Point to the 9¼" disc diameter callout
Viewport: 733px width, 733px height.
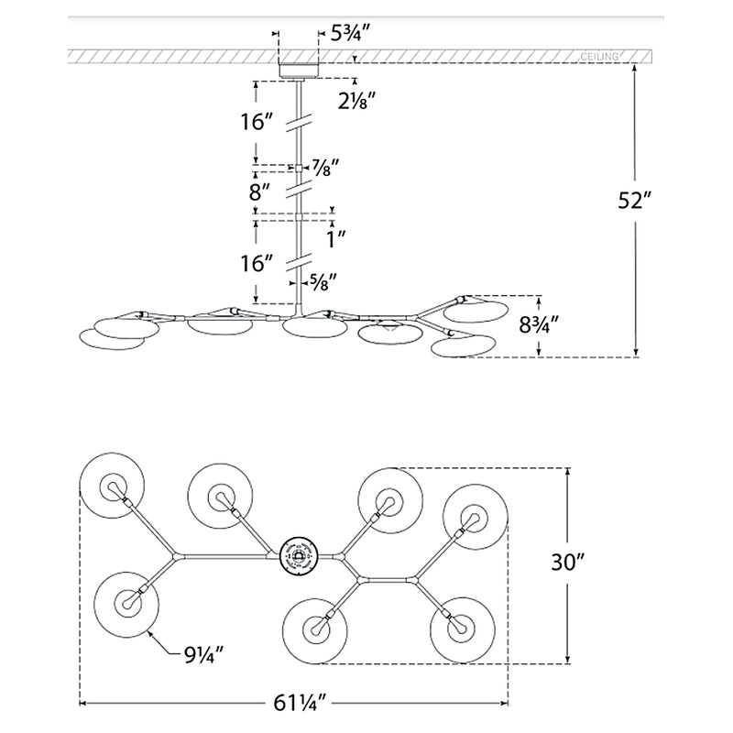pos(202,656)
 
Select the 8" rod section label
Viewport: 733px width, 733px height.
pos(261,192)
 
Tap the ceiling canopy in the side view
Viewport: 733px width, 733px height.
pos(298,70)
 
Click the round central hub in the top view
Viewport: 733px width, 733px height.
pos(298,556)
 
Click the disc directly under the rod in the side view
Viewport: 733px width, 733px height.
pos(307,326)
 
